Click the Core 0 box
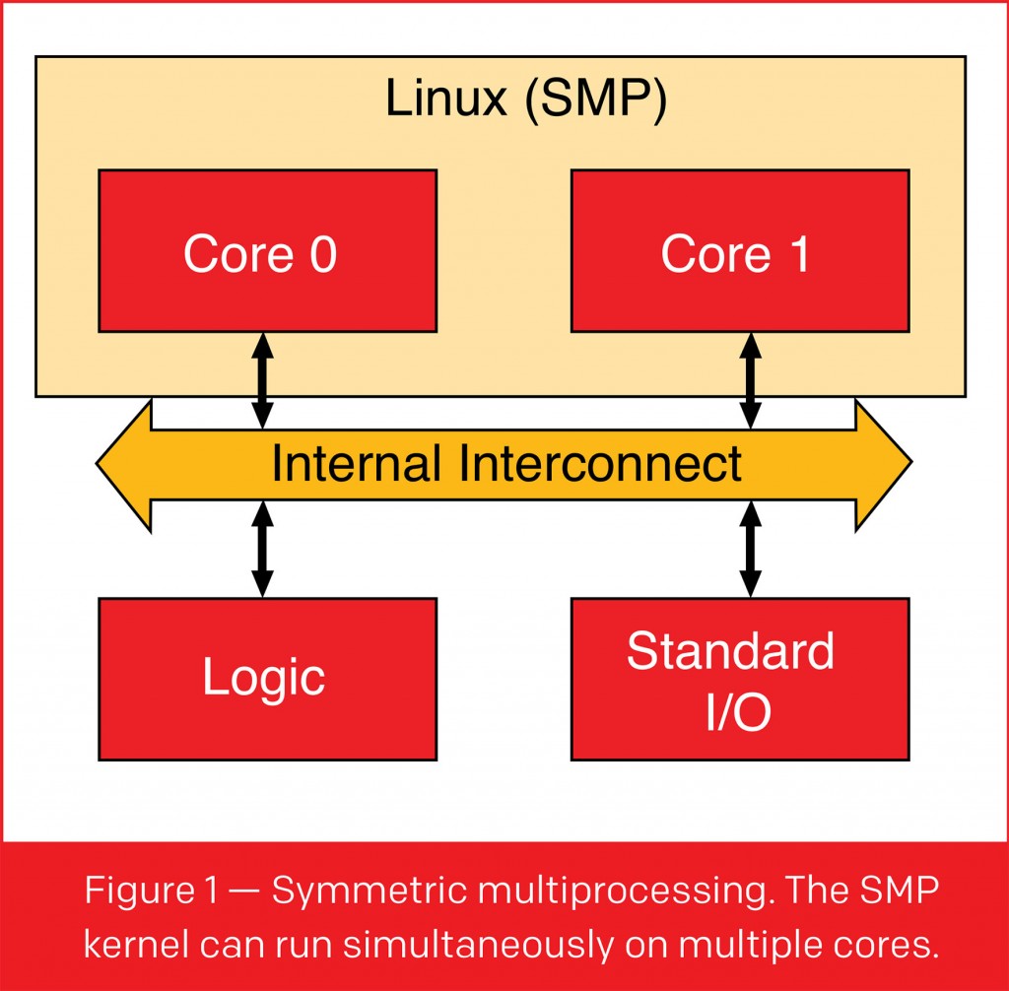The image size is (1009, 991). point(267,250)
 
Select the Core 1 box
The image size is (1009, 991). point(740,250)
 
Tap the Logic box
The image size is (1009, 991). point(267,679)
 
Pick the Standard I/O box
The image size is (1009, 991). point(740,679)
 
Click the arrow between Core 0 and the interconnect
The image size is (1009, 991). point(262,379)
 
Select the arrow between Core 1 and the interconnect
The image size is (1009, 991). point(751,379)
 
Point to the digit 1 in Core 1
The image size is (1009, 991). point(796,254)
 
